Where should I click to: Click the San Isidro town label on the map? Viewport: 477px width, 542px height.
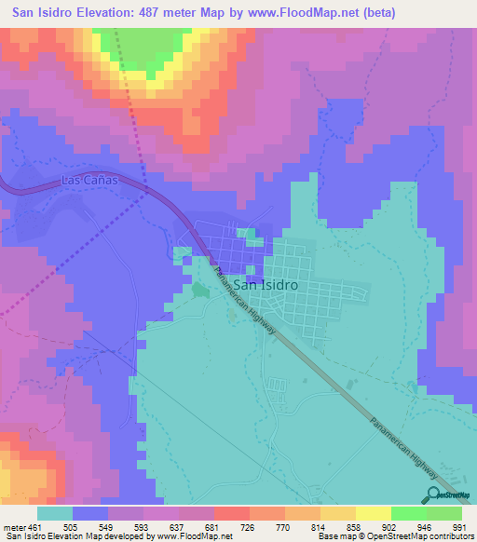[266, 286]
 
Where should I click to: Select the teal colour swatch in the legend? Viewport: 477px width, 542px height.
[54, 513]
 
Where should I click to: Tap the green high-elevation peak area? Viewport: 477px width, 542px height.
[140, 51]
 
